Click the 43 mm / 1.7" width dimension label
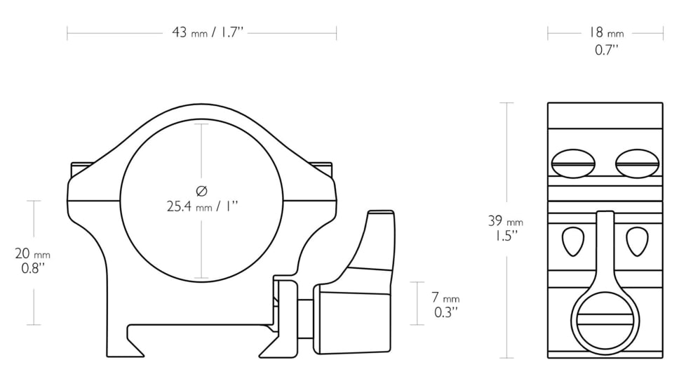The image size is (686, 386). [207, 32]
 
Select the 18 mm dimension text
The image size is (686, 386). [605, 32]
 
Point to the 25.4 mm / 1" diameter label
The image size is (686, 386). [202, 206]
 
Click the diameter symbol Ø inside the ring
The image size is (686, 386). [202, 190]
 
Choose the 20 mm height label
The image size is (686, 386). [33, 253]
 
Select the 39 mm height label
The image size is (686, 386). [506, 221]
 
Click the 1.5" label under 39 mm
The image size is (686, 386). [506, 235]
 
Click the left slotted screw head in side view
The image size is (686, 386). [573, 164]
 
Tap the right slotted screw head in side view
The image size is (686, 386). [637, 164]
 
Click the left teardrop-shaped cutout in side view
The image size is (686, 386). [573, 241]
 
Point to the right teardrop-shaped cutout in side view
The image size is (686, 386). [637, 241]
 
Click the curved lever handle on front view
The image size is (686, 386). [376, 242]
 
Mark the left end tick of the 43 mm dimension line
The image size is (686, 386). [67, 33]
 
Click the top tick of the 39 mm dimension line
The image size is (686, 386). [506, 103]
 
